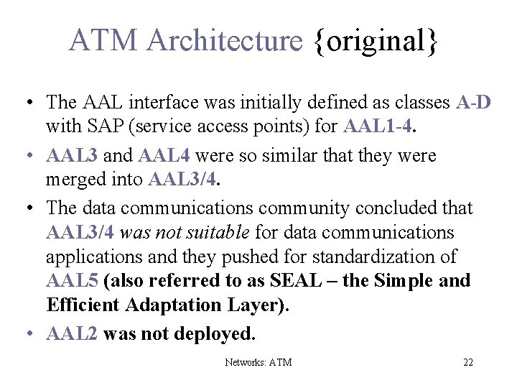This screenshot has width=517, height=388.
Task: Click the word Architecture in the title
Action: pyautogui.click(x=225, y=41)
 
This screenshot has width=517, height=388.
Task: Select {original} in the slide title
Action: pyautogui.click(x=375, y=41)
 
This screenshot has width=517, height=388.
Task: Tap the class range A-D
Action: pyautogui.click(x=473, y=103)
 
